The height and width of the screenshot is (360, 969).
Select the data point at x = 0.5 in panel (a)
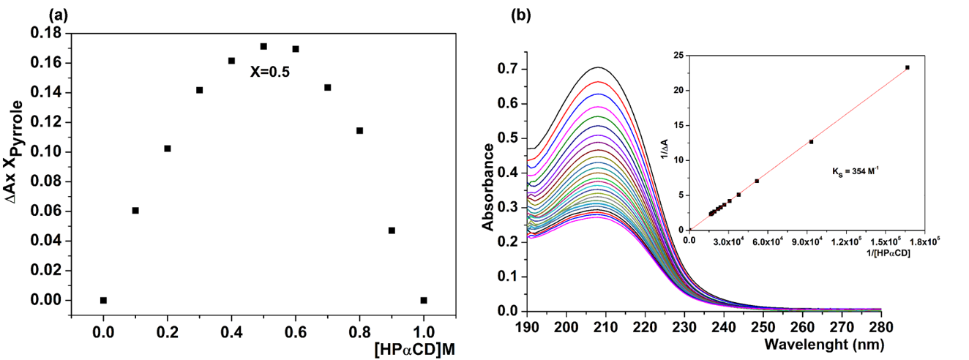pyautogui.click(x=263, y=46)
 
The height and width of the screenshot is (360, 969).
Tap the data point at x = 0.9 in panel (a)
pyautogui.click(x=392, y=230)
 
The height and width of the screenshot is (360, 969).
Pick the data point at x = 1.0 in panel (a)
pyautogui.click(x=424, y=300)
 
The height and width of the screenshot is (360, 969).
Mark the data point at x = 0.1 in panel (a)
pyautogui.click(x=135, y=211)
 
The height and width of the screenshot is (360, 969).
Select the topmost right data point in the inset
pyautogui.click(x=908, y=67)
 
